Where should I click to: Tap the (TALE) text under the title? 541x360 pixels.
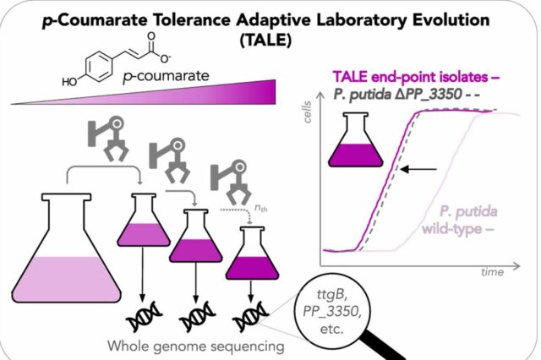click(x=265, y=41)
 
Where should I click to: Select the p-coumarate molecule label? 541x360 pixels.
click(x=166, y=76)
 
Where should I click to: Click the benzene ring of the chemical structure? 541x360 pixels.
click(x=99, y=67)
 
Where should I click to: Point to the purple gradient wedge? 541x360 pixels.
click(x=143, y=92)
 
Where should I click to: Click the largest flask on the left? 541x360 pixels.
click(x=67, y=248)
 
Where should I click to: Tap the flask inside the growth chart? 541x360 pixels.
click(x=356, y=140)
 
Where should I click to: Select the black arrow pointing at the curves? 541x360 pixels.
click(x=418, y=169)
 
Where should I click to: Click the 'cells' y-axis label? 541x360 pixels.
click(x=307, y=112)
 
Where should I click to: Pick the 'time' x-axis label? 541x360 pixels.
click(x=492, y=272)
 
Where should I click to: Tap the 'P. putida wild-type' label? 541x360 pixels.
click(x=460, y=220)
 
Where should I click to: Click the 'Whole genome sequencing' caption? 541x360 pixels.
click(x=196, y=346)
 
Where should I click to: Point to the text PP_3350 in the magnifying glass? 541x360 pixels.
click(x=332, y=312)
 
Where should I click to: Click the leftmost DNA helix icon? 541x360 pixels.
click(x=144, y=316)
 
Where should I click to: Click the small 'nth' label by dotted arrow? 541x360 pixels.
click(x=261, y=208)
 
